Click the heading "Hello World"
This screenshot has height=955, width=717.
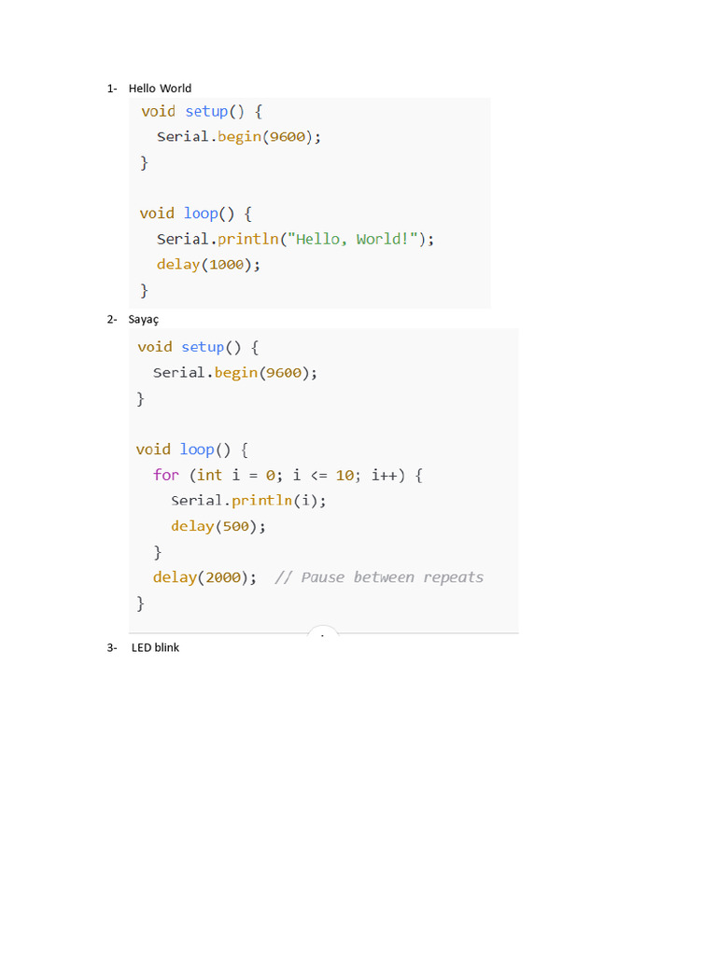click(x=160, y=89)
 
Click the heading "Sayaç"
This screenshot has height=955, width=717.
click(x=144, y=320)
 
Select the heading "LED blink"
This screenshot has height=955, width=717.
click(x=155, y=648)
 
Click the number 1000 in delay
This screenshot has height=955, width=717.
click(x=226, y=265)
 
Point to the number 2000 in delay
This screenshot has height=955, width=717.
click(x=223, y=577)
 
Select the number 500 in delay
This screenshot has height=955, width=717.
click(x=236, y=526)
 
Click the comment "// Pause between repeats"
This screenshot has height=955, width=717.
click(x=379, y=577)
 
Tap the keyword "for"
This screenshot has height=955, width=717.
click(x=166, y=476)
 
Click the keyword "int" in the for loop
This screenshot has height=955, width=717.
click(x=210, y=476)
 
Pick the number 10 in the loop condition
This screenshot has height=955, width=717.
click(x=344, y=476)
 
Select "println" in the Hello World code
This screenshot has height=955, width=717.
click(x=249, y=239)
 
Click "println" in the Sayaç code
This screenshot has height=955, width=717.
click(x=263, y=501)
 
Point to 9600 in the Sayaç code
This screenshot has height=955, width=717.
click(x=283, y=373)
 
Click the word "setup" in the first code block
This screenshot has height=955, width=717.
click(x=206, y=112)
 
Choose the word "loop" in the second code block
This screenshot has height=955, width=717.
click(x=197, y=450)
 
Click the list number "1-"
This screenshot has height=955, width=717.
click(x=112, y=89)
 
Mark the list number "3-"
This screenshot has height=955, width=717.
click(x=112, y=648)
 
